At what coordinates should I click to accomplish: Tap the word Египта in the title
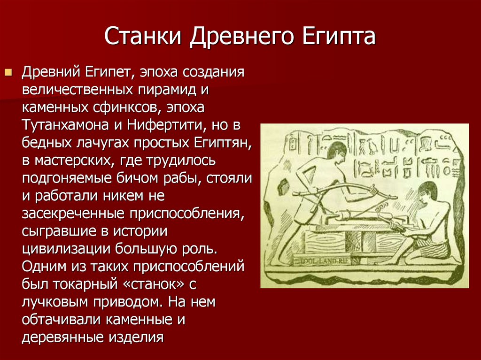click(339, 37)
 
